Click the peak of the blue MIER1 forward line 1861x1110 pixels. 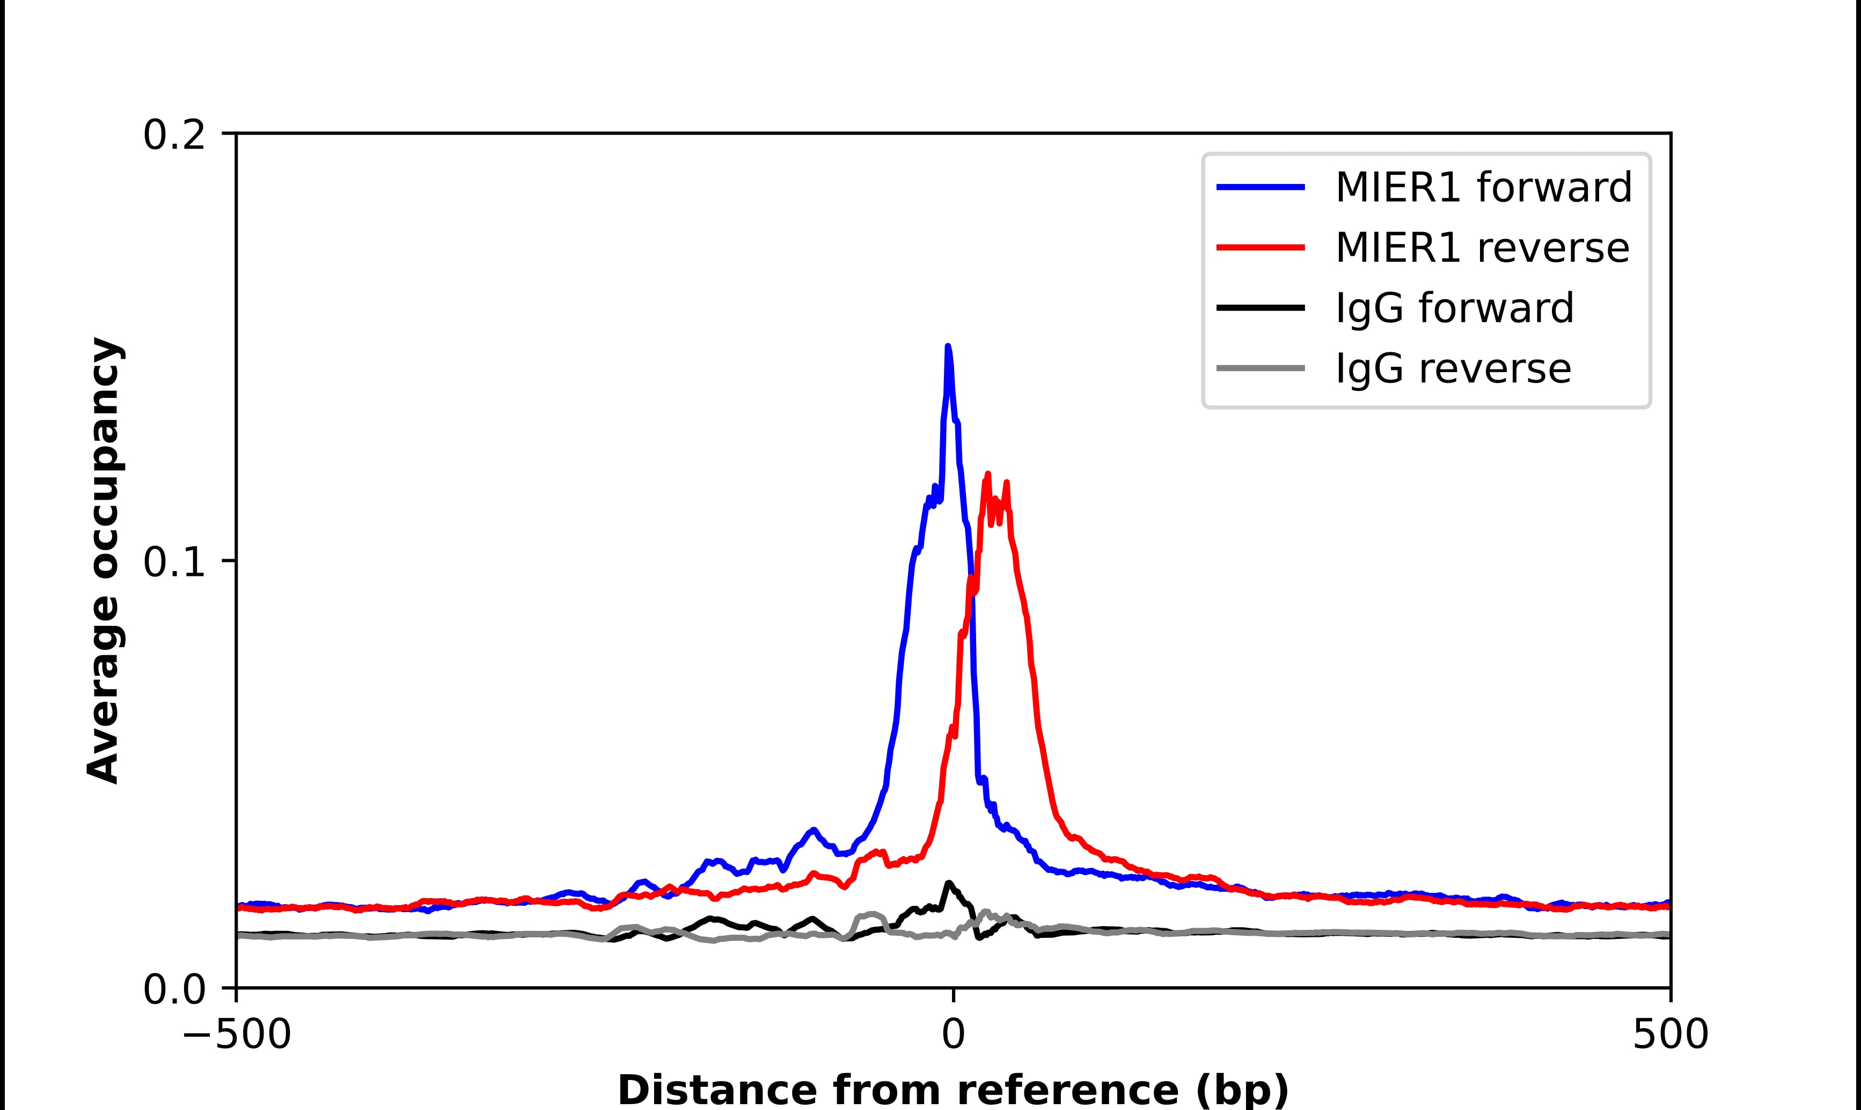(948, 347)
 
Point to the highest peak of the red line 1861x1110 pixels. (988, 474)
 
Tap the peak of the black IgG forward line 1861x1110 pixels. (949, 883)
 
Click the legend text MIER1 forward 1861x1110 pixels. (1483, 187)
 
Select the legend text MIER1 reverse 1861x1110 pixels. (1482, 248)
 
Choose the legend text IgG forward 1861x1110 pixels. (1454, 308)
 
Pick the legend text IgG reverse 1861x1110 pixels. (1453, 369)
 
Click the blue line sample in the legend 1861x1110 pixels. (1261, 187)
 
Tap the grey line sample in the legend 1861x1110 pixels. (1261, 368)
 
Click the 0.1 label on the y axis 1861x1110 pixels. (174, 563)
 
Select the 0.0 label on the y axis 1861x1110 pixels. (174, 990)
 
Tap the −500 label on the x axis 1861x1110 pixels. (237, 1036)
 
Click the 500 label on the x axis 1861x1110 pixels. (1670, 1036)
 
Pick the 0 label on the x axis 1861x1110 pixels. (953, 1036)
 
